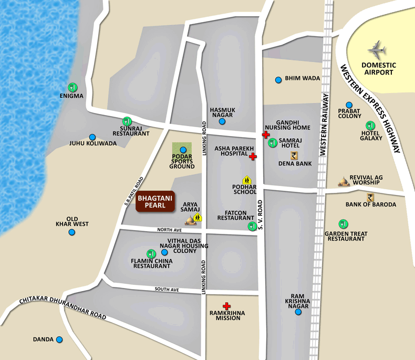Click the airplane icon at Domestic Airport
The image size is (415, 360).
377,50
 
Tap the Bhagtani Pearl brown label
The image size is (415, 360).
155,202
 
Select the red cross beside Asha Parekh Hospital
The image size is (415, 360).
253,157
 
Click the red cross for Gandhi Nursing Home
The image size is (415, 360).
266,135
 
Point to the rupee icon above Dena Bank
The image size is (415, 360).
294,155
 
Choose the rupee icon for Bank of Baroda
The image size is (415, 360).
370,197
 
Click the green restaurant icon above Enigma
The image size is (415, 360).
72,87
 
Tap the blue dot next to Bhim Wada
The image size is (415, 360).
278,80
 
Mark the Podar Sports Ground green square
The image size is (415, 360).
182,150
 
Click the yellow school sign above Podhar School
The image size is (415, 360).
245,180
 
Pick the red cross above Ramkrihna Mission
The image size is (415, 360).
226,306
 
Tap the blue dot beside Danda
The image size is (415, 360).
59,340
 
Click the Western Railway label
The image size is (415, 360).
324,124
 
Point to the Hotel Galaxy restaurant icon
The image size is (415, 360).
370,126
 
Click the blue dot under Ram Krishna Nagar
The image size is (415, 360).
298,312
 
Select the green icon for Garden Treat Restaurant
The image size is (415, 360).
343,224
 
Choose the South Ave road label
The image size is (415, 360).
167,290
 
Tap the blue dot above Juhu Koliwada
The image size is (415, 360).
92,137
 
